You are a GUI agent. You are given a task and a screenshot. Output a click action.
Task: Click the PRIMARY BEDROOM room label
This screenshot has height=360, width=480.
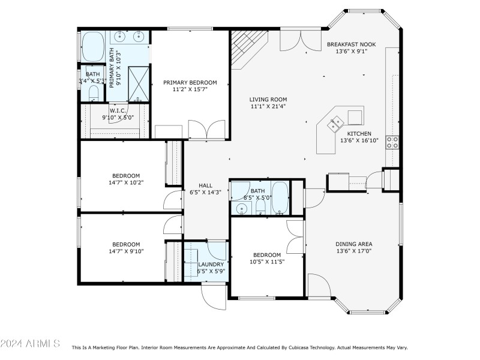point(190,82)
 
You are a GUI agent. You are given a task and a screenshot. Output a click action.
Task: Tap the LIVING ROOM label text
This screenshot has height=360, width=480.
point(268,100)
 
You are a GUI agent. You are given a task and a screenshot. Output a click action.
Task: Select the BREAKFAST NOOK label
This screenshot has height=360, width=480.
point(352,44)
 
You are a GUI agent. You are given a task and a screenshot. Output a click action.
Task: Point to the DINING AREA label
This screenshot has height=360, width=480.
point(353,244)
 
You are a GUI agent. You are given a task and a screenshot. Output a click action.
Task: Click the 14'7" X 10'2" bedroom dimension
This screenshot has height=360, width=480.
point(127,182)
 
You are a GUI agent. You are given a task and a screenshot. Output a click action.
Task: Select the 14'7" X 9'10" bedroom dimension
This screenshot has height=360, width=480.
point(127,251)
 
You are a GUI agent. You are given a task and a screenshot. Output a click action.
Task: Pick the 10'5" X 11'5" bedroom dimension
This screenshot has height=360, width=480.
point(266,262)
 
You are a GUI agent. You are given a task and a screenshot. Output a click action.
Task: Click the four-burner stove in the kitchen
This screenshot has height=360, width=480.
point(393,142)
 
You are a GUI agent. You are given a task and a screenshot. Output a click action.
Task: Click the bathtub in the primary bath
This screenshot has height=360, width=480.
point(93,44)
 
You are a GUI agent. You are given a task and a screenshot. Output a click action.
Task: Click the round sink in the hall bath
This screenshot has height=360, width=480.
point(242,209)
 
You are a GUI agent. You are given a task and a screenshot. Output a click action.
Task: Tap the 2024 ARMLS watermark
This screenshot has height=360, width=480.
point(30,344)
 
